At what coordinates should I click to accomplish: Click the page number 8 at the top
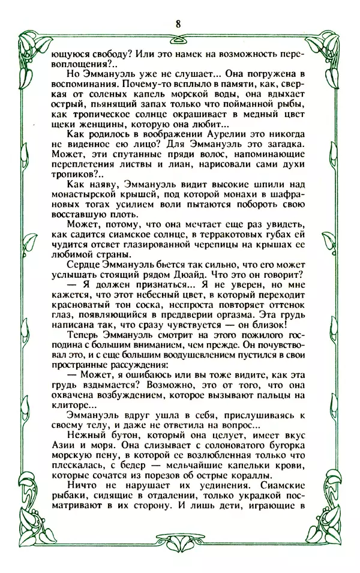click(179, 23)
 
